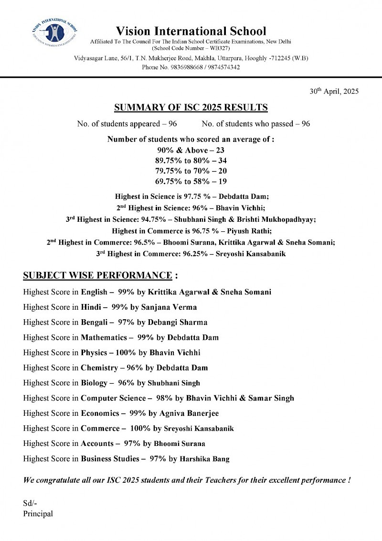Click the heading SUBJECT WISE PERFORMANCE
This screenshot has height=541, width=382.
click(97, 276)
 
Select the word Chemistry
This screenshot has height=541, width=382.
click(99, 368)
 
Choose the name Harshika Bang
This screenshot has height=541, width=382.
click(204, 459)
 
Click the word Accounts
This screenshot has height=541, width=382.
click(97, 444)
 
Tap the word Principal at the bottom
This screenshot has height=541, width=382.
click(38, 514)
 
